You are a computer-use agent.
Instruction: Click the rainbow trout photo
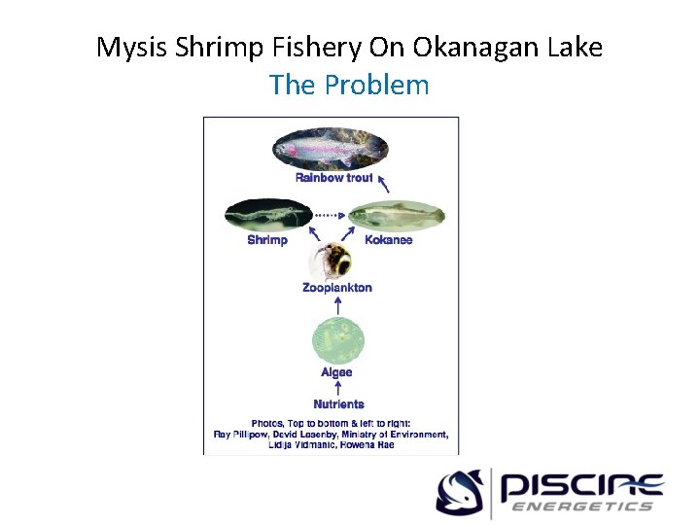[x=330, y=149]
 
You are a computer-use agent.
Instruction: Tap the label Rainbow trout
[x=333, y=178]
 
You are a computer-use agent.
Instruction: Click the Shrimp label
[x=267, y=240]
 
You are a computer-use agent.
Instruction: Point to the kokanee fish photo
[x=396, y=215]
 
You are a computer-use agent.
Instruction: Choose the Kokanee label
[x=388, y=240]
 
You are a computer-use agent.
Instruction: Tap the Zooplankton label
[x=336, y=288]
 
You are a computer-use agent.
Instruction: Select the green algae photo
[x=336, y=340]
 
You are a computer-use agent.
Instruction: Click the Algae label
[x=336, y=372]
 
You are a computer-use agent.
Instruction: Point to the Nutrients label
[x=338, y=403]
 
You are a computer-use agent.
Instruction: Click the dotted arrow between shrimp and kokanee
[x=331, y=215]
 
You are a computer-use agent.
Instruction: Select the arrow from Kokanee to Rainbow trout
[x=383, y=183]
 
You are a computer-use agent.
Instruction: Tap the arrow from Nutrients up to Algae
[x=337, y=388]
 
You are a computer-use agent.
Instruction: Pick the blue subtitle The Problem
[x=349, y=85]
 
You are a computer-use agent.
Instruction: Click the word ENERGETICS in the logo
[x=581, y=507]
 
